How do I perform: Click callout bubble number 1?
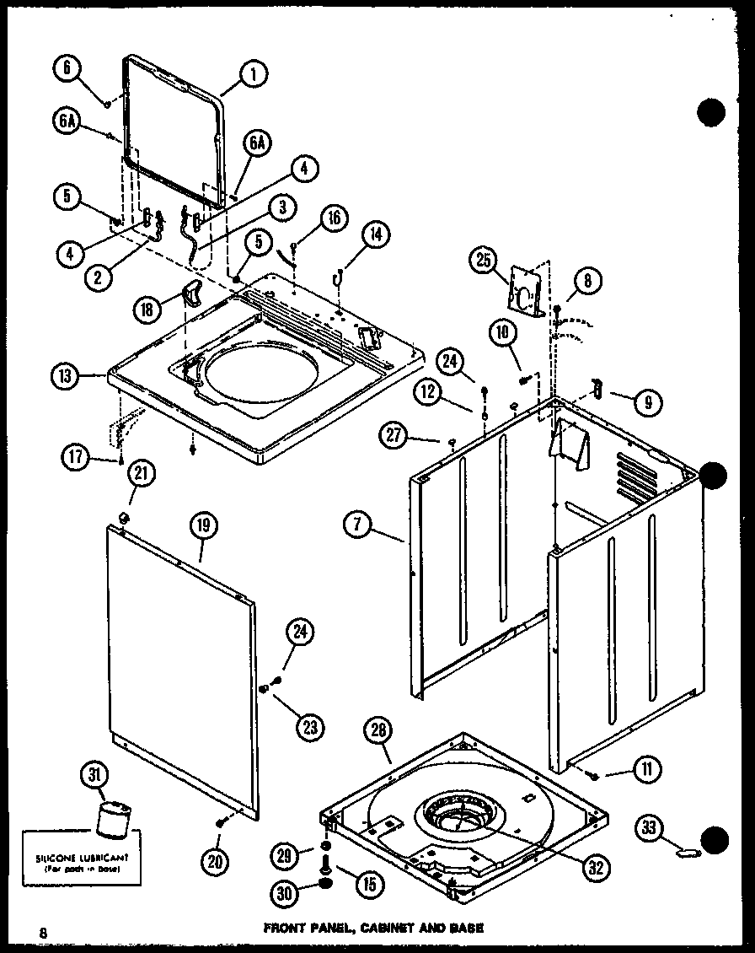click(x=253, y=75)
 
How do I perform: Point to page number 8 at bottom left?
click(x=41, y=931)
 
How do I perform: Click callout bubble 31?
click(x=94, y=774)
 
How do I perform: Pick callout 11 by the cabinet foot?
click(x=646, y=768)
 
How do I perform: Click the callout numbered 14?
click(x=377, y=237)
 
